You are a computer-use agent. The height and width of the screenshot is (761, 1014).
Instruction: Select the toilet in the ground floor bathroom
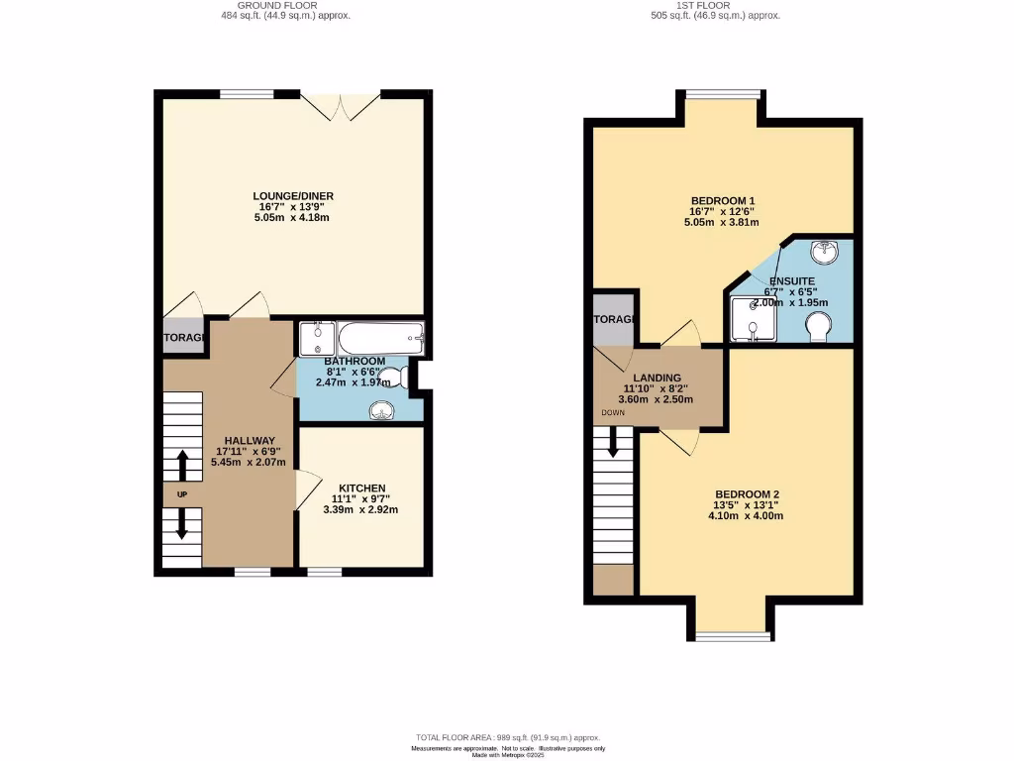[x=391, y=376]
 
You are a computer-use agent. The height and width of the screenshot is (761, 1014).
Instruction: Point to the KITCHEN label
[x=361, y=489]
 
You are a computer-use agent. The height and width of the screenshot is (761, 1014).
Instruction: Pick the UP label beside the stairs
[x=181, y=493]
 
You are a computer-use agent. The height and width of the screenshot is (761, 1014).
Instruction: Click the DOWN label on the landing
[x=611, y=412]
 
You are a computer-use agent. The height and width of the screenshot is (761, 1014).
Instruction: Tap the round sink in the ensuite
[x=823, y=252]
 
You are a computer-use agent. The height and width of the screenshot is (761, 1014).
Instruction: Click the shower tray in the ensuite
[x=753, y=319]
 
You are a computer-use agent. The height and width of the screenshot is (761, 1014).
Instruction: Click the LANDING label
[x=657, y=378]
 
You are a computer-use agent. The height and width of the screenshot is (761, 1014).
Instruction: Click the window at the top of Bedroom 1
[x=722, y=95]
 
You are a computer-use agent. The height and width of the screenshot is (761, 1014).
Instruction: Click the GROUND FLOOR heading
[x=284, y=5]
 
